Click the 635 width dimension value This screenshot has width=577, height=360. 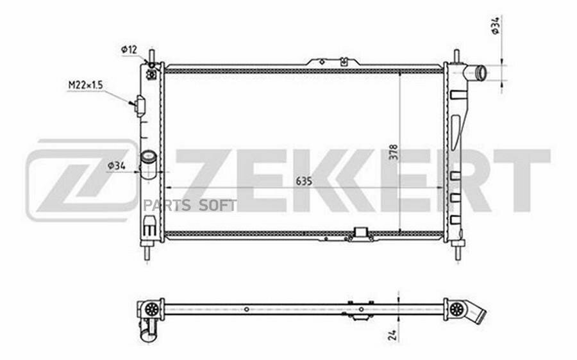pos(305,181)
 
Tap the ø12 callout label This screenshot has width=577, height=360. pos(128,49)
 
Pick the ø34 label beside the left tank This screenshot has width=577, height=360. pos(116,166)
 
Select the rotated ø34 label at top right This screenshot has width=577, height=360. pos(496,26)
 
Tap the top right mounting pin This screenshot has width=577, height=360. pos(456,56)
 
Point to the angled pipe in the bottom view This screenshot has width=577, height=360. pos(475,315)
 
